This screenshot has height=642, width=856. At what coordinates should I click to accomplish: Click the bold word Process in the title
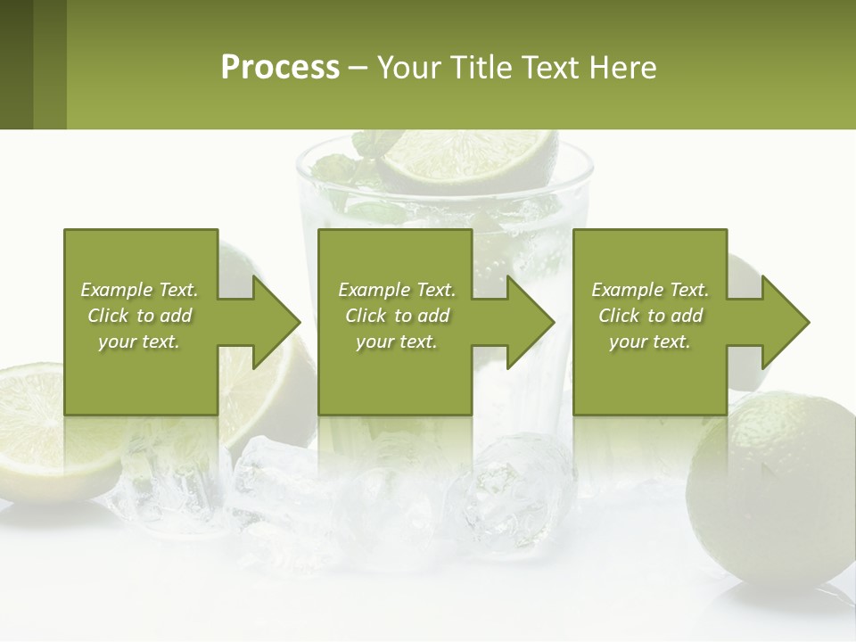pyautogui.click(x=280, y=68)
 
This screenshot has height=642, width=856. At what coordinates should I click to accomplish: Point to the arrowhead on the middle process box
pyautogui.click(x=530, y=322)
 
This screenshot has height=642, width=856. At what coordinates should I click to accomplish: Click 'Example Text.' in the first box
pyautogui.click(x=139, y=290)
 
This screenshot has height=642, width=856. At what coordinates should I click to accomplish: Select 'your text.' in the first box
pyautogui.click(x=139, y=342)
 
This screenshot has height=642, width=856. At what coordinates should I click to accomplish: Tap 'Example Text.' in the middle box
pyautogui.click(x=397, y=290)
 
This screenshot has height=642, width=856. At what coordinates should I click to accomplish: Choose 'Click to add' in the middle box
pyautogui.click(x=397, y=316)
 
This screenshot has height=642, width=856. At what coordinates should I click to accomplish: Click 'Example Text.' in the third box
pyautogui.click(x=650, y=290)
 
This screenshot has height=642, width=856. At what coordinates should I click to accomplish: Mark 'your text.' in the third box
pyautogui.click(x=650, y=342)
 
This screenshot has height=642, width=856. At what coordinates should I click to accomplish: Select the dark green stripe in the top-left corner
pyautogui.click(x=16, y=64)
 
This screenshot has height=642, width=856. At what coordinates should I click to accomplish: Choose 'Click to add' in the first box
pyautogui.click(x=139, y=316)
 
